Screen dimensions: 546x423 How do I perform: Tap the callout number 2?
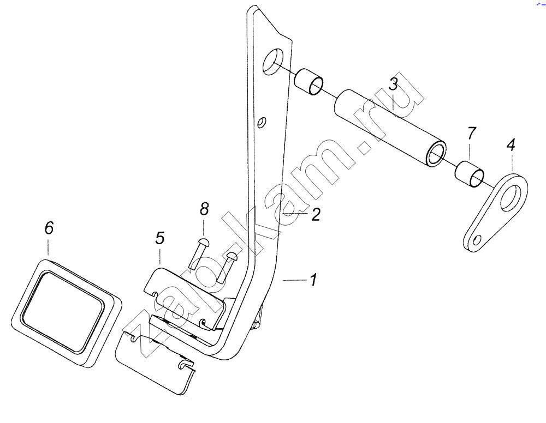click(x=316, y=214)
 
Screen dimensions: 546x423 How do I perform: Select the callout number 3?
click(x=393, y=84)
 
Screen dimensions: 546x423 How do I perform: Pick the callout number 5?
click(x=159, y=238)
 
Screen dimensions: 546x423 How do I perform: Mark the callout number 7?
click(x=471, y=134)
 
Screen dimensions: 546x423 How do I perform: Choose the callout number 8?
click(x=204, y=209)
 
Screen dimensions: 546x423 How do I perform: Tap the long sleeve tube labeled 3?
click(x=390, y=129)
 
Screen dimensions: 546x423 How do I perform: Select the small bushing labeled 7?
click(x=470, y=174)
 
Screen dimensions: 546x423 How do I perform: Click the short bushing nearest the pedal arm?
click(x=309, y=82)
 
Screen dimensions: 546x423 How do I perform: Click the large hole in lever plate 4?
click(x=512, y=198)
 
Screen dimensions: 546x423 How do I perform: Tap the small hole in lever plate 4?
click(x=478, y=240)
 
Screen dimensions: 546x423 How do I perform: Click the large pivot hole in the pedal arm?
click(x=274, y=62)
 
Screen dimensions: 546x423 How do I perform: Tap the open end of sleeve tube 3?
click(x=436, y=154)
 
